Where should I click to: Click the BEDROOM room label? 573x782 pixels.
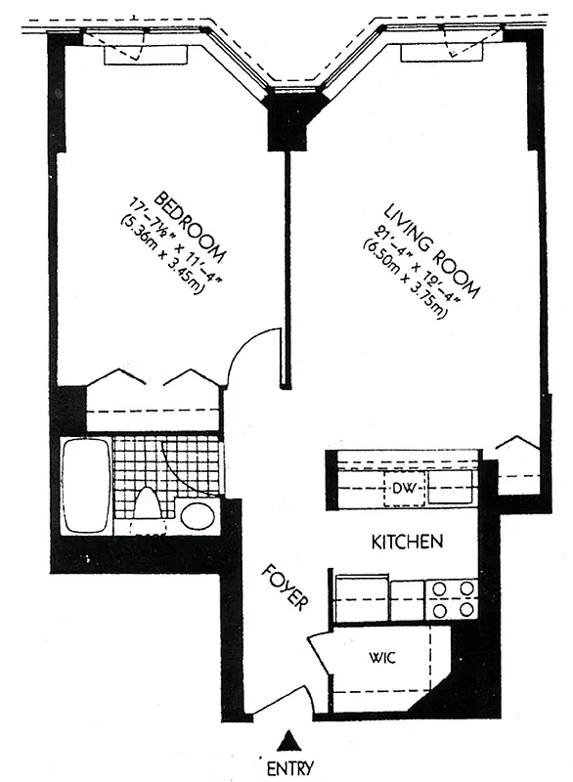point(190,228)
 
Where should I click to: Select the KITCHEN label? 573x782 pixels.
point(408,542)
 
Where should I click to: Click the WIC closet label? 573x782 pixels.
point(383,658)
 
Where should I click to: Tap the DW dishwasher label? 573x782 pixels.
point(404,488)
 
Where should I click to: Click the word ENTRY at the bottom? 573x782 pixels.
point(290,767)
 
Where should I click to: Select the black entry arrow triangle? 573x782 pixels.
point(290,741)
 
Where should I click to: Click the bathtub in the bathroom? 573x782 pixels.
point(86,486)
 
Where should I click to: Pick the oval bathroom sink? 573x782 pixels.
point(198,516)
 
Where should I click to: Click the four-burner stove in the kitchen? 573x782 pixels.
point(453,599)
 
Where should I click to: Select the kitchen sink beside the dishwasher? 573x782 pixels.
point(450,486)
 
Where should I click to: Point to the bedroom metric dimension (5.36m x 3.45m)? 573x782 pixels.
point(162,255)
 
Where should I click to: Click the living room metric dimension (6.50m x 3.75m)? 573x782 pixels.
point(404,279)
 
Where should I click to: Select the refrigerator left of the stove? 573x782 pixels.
point(362,598)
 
